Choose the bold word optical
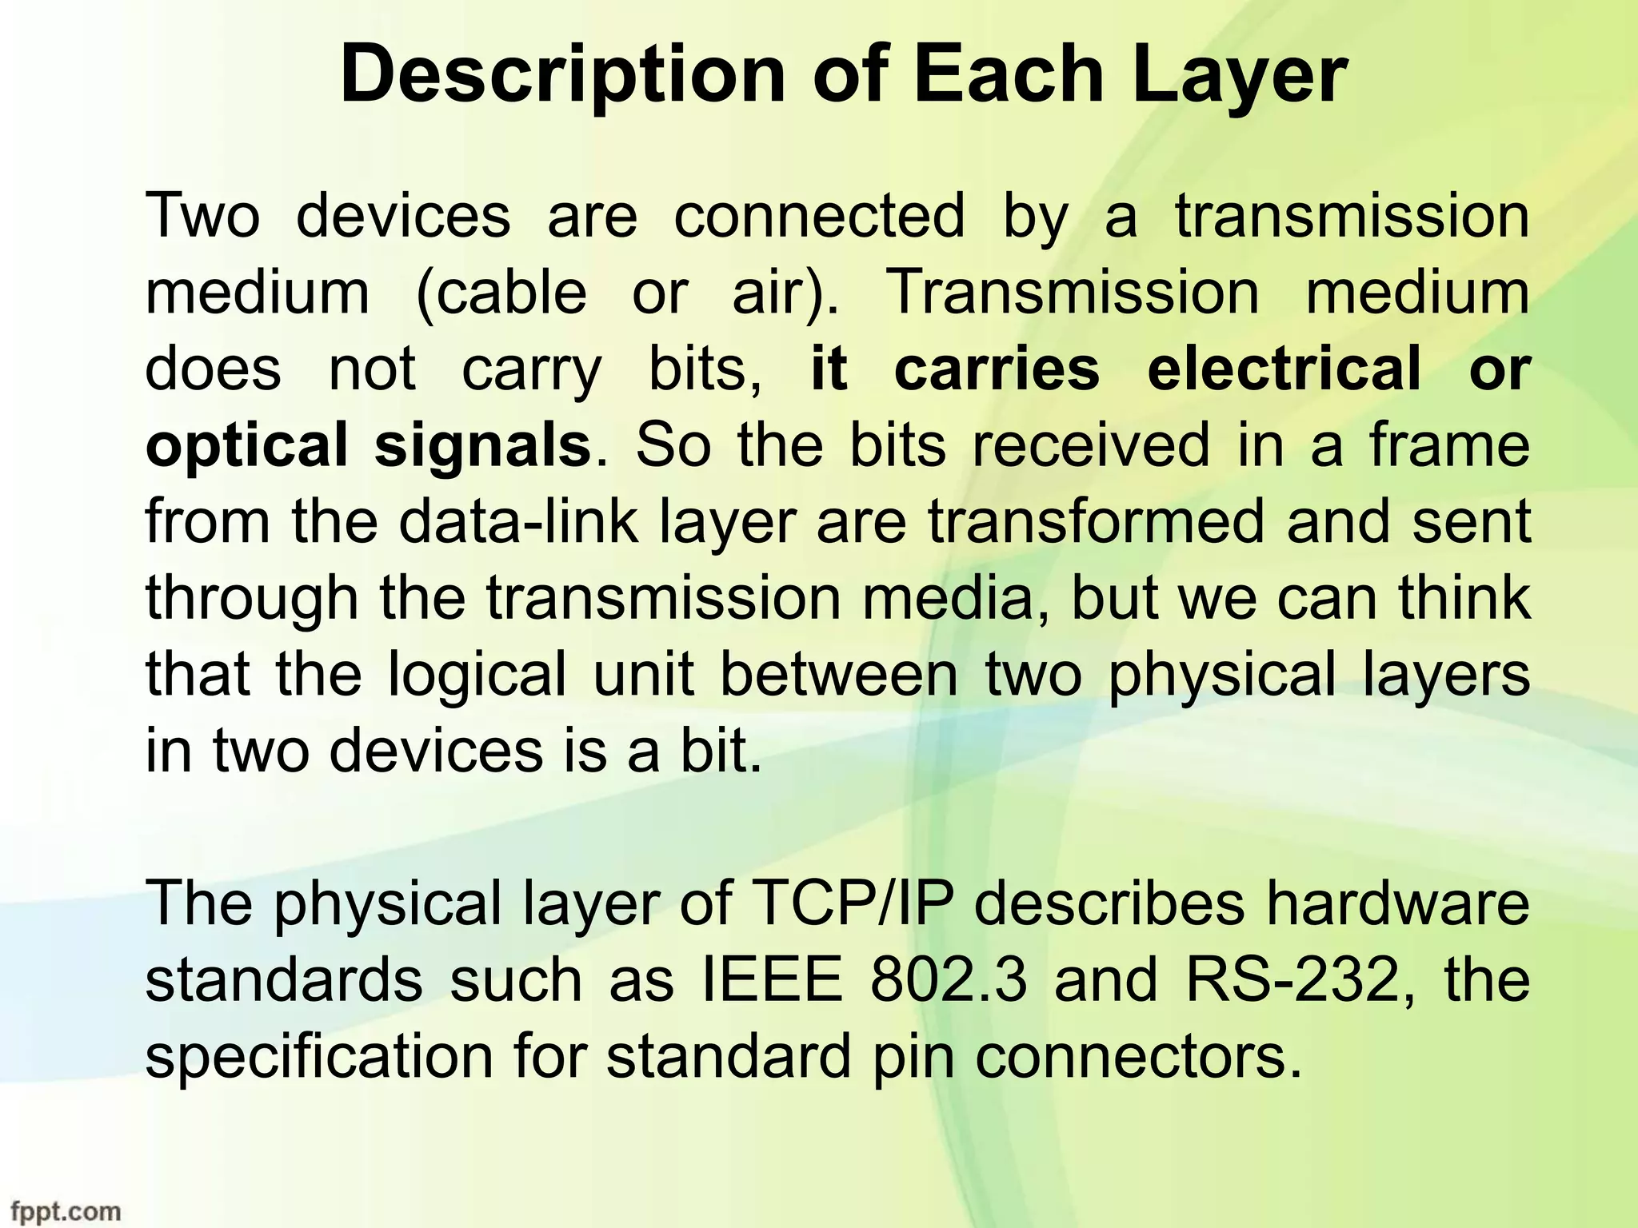pos(247,446)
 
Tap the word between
pos(838,673)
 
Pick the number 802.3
pos(948,979)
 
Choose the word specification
pos(319,1056)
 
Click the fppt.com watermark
pos(63,1211)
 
